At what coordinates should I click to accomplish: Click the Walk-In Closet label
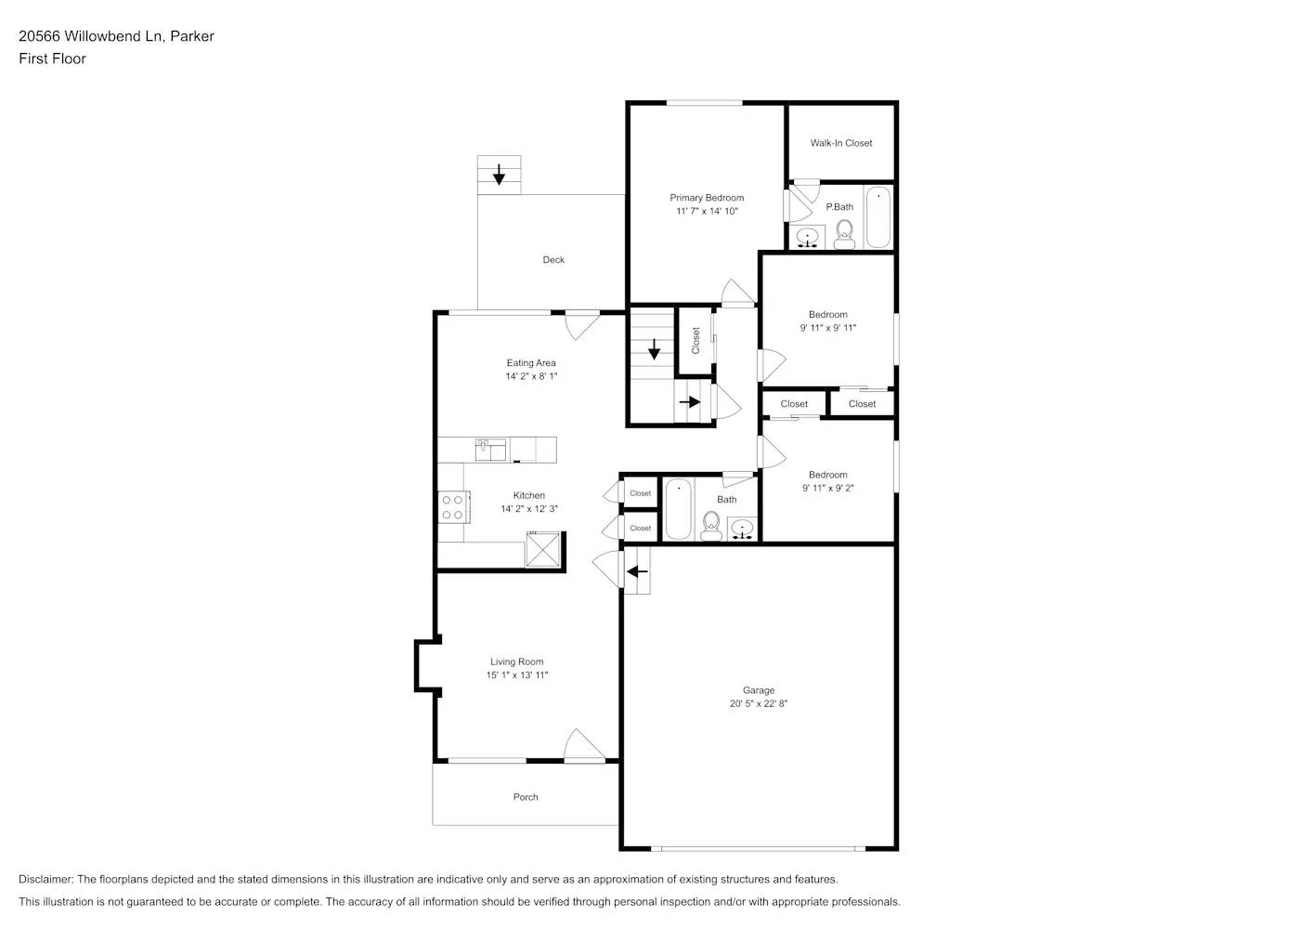840,143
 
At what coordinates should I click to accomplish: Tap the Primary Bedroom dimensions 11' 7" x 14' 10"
707,212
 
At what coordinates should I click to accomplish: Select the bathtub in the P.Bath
877,217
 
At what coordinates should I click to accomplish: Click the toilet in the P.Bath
844,236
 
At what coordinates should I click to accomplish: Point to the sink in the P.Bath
808,238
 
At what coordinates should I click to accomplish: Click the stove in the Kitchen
452,507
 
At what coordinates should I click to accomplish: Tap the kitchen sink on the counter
489,450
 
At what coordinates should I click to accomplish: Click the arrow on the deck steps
500,174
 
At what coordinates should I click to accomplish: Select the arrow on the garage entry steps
637,571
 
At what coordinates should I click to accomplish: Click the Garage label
758,690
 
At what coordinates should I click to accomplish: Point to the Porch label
526,797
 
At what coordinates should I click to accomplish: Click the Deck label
553,260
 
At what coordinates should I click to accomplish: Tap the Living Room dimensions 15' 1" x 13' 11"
517,675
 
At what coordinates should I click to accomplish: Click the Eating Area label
531,363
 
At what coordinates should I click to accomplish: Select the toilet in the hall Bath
712,527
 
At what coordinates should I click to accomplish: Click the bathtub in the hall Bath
678,508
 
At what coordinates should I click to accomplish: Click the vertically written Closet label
695,340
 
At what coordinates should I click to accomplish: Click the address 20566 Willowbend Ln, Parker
116,36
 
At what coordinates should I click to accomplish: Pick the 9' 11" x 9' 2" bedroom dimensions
827,488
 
